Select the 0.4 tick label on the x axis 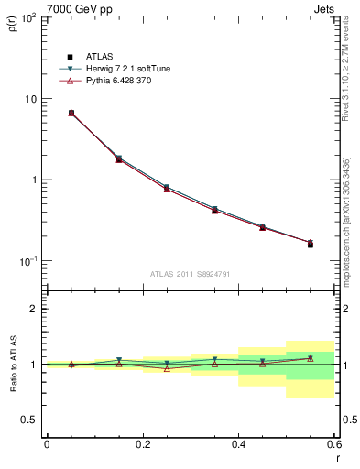tap(238, 444)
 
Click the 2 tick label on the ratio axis tap(35, 309)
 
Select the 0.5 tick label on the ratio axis tap(31, 420)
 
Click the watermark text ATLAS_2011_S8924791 tap(191, 274)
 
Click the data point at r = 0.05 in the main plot tap(71, 113)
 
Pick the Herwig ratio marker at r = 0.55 tap(310, 358)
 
